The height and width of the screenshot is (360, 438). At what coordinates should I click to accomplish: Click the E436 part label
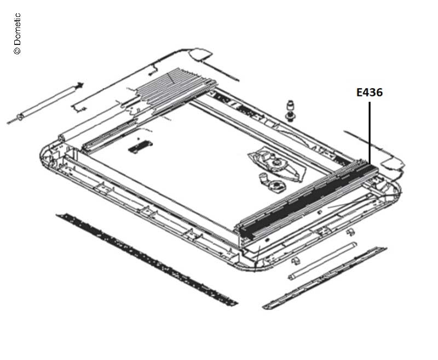pyautogui.click(x=369, y=92)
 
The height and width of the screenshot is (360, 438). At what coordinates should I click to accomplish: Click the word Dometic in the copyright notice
pyautogui.click(x=17, y=29)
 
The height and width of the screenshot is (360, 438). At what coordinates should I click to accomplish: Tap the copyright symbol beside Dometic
pyautogui.click(x=17, y=50)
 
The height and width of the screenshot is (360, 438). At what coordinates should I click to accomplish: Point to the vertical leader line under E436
pyautogui.click(x=370, y=133)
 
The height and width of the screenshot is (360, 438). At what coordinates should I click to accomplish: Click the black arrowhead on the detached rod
pyautogui.click(x=80, y=85)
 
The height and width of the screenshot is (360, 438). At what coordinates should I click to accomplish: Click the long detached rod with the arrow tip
pyautogui.click(x=45, y=102)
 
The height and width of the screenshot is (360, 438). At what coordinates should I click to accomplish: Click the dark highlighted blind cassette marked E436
pyautogui.click(x=307, y=199)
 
